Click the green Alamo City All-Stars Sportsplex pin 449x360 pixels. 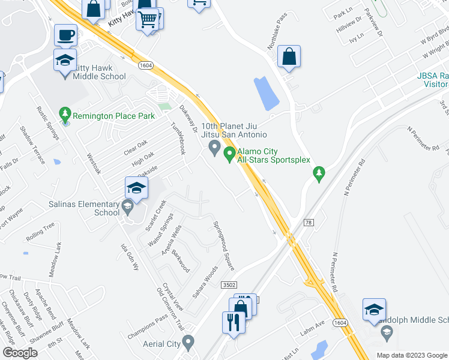(x=229, y=155)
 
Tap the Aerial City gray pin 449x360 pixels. (x=188, y=344)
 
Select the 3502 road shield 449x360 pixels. (x=228, y=284)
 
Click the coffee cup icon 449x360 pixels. (x=65, y=35)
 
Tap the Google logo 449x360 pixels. (x=20, y=353)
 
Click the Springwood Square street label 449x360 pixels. (x=223, y=246)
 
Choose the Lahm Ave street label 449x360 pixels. (x=312, y=324)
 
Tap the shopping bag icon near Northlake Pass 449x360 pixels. (x=289, y=56)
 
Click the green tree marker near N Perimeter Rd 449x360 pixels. (x=319, y=173)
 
